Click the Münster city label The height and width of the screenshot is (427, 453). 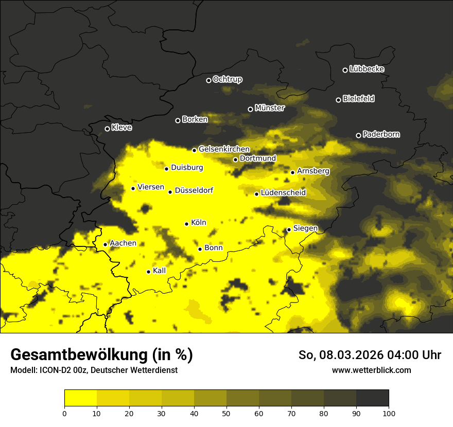pos(269,108)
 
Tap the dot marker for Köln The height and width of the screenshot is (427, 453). pos(186,224)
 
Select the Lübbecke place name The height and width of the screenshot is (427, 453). pos(367,69)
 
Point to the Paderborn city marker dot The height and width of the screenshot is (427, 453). pos(358,135)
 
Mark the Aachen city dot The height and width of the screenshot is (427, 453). pos(105,244)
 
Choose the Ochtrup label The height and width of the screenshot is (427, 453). pos(227,79)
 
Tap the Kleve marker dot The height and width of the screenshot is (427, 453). pos(107,129)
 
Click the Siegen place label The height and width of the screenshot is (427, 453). pos(305,228)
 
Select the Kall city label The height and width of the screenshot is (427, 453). pos(159,270)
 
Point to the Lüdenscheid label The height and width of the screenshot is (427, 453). pos(283,193)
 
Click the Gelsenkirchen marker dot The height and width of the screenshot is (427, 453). pos(194,150)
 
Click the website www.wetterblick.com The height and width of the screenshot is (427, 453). pos(371,370)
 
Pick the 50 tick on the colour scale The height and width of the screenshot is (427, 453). pos(226,413)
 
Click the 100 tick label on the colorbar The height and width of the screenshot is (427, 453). pos(389,413)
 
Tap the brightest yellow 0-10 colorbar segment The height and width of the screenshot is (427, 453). pos(80,398)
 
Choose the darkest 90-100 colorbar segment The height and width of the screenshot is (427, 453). pos(372,398)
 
